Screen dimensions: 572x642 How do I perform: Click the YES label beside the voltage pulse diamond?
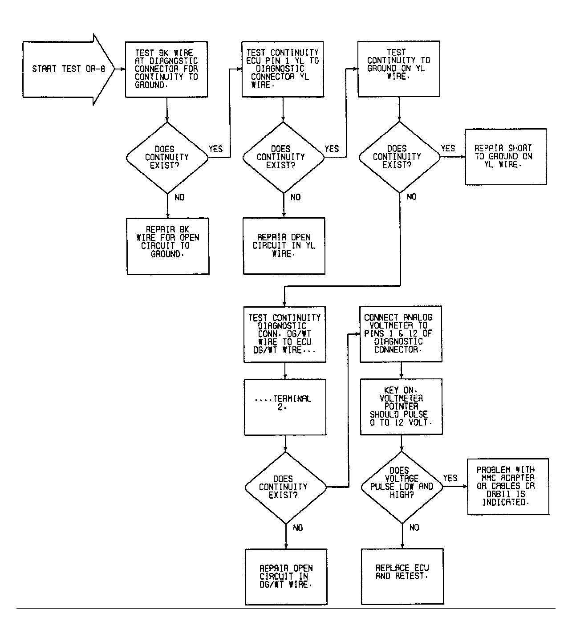tap(450, 478)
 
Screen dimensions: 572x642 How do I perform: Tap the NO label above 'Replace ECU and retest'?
tap(414, 527)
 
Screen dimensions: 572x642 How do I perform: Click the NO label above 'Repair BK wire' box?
tap(179, 197)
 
